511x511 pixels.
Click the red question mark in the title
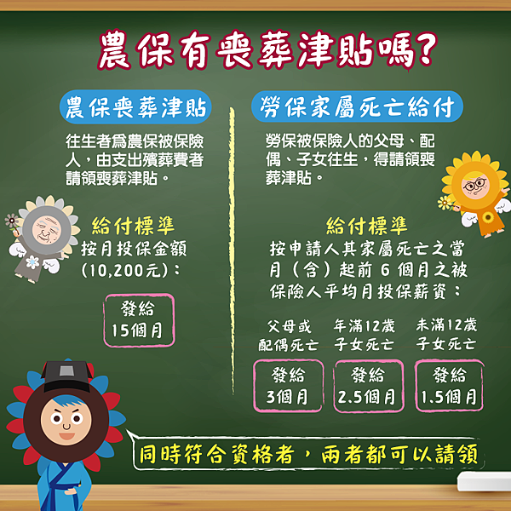point(423,49)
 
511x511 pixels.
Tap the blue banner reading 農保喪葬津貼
point(135,107)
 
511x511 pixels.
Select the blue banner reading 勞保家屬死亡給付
point(357,106)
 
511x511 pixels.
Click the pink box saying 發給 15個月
point(139,320)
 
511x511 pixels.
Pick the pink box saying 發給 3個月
point(288,386)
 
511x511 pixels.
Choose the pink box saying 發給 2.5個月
point(369,386)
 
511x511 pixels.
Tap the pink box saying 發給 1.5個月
point(449,386)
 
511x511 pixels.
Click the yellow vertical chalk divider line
point(232,250)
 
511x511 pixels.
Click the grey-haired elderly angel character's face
point(46,230)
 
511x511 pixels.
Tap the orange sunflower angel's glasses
point(475,185)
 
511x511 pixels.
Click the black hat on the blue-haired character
point(66,376)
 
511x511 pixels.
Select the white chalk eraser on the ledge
point(484,481)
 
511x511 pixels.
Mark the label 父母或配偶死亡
point(288,336)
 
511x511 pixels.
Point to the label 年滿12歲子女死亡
point(365,335)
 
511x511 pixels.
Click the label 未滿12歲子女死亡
point(446,335)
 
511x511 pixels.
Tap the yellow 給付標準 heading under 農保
point(133,226)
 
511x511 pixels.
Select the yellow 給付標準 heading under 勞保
point(366,226)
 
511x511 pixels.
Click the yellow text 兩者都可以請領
point(399,454)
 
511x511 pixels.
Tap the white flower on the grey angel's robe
point(32,262)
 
